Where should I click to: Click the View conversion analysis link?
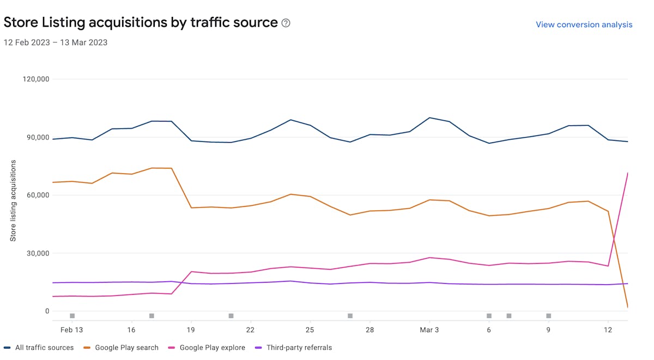[584, 25]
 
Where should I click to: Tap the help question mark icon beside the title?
[286, 23]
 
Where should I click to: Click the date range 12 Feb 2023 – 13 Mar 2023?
[56, 42]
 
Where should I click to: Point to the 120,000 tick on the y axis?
[36, 79]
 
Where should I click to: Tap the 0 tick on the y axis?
[47, 312]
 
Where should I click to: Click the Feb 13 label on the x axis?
[72, 330]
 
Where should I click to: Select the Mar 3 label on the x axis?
[429, 330]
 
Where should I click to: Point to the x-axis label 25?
[310, 330]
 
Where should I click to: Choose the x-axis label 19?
[191, 330]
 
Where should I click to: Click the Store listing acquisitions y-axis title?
[13, 200]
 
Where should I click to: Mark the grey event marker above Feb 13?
[72, 316]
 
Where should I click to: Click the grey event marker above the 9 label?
[548, 316]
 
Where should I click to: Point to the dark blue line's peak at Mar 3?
[429, 118]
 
